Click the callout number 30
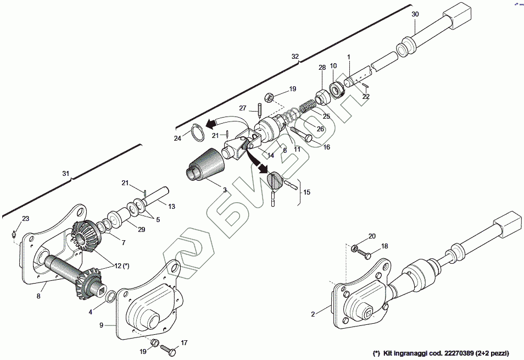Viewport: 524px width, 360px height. click(x=415, y=14)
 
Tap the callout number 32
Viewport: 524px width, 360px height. click(x=295, y=57)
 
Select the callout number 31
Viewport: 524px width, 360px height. click(x=66, y=174)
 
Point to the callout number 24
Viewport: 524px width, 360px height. click(x=177, y=138)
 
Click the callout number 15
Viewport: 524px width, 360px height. click(x=306, y=192)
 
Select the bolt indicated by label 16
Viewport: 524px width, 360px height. click(x=301, y=134)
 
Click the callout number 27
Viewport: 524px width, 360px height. click(x=243, y=108)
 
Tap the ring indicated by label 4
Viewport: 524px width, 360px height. click(x=110, y=297)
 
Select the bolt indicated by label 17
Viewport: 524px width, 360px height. click(x=169, y=349)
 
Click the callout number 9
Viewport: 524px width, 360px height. click(x=102, y=325)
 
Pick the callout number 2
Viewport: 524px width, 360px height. click(x=313, y=314)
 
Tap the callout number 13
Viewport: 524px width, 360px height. click(x=172, y=207)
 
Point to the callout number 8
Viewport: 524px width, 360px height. click(x=38, y=296)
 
